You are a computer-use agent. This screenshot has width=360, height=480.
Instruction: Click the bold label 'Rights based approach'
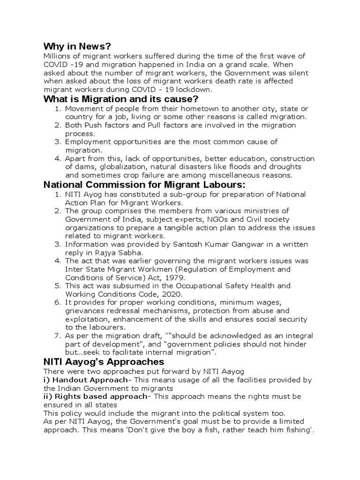(x=100, y=396)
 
